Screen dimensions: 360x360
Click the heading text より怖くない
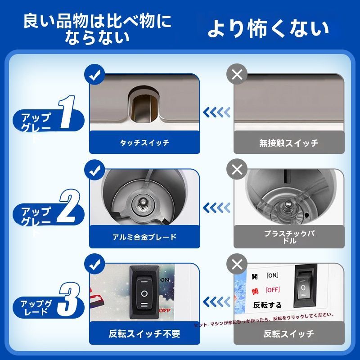(x=268, y=29)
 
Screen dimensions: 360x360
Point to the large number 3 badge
(x=68, y=302)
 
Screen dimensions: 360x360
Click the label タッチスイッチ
(x=144, y=143)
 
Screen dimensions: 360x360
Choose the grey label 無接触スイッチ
(x=288, y=143)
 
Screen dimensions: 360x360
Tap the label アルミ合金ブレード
(x=144, y=237)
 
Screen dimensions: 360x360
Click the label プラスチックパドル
(x=288, y=237)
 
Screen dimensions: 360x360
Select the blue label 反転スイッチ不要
(x=144, y=334)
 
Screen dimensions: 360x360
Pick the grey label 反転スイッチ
(x=288, y=334)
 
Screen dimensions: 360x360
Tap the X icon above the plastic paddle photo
(x=237, y=170)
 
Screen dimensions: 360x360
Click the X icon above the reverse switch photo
(x=237, y=264)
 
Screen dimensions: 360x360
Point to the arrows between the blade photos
(x=216, y=207)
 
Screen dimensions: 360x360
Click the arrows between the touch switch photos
(x=216, y=112)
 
